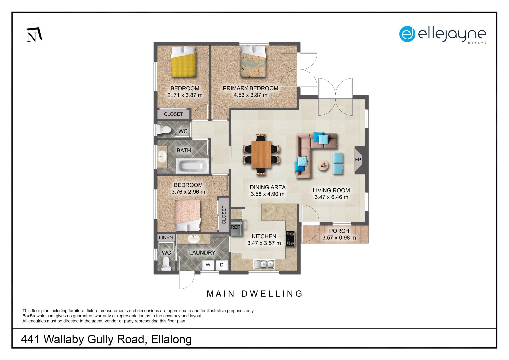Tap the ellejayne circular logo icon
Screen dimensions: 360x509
(x=407, y=34)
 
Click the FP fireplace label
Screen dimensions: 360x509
(x=358, y=160)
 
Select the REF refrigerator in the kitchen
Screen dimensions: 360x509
(x=236, y=227)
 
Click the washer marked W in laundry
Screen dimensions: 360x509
(x=208, y=265)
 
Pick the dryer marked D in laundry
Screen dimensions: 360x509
(x=222, y=265)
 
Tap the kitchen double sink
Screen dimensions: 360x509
(x=264, y=264)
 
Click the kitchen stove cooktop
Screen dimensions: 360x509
(x=290, y=239)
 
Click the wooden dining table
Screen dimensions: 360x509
(x=261, y=154)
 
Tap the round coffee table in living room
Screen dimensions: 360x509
(x=323, y=165)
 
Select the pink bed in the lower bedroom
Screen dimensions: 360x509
(x=188, y=215)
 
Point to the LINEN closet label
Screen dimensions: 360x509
(x=166, y=237)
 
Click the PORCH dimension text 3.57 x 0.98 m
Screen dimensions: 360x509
(x=339, y=238)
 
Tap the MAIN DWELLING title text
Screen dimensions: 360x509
(x=255, y=294)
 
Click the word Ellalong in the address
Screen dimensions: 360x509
(x=171, y=339)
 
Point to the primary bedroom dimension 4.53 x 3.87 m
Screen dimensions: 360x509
(x=250, y=95)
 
